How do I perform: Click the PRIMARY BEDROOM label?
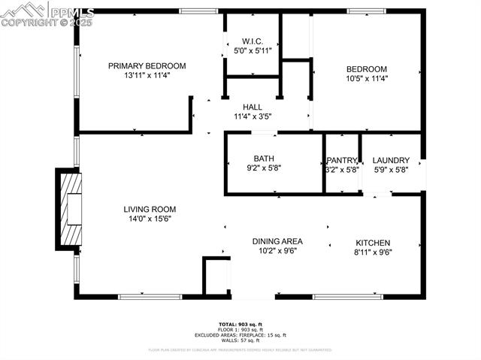point(147,65)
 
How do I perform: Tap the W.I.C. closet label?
point(251,41)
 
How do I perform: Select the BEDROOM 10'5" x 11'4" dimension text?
point(367,78)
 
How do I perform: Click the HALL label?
point(252,107)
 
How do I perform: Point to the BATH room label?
point(264,159)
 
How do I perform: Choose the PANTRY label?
point(342,160)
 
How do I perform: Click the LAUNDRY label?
point(391,160)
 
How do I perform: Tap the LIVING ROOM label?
point(150,209)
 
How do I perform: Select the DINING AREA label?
point(277,241)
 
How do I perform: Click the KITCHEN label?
point(373,243)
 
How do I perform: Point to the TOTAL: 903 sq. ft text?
point(240,324)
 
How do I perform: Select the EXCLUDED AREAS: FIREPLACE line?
point(240,334)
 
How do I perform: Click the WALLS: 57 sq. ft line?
point(240,340)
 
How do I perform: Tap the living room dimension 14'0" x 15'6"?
point(150,219)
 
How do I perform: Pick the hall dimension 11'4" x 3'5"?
point(252,116)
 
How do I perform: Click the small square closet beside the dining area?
point(216,276)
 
